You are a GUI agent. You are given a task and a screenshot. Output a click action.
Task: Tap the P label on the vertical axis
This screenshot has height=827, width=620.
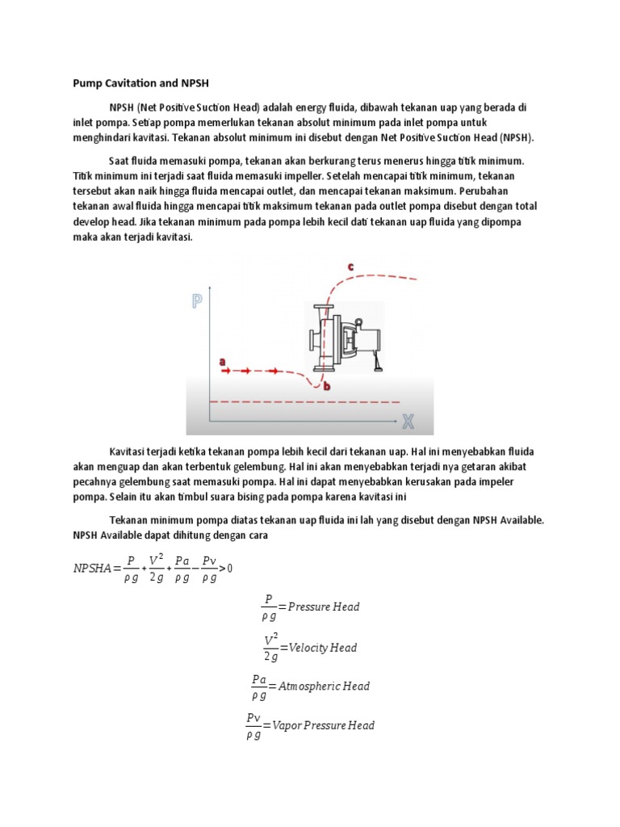tap(197, 301)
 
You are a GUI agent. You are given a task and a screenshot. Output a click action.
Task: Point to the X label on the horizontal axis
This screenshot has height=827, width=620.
tap(408, 421)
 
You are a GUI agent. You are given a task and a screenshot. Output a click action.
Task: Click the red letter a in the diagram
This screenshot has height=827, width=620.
tap(222, 362)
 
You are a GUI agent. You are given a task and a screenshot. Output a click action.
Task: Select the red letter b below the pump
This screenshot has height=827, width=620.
tap(327, 387)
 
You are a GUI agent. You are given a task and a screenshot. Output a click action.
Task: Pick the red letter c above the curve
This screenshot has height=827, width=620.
tap(350, 266)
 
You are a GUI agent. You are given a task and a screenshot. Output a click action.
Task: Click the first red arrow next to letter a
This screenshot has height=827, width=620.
tap(227, 371)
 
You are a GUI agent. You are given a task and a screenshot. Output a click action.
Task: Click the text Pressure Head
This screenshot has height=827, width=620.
tap(324, 607)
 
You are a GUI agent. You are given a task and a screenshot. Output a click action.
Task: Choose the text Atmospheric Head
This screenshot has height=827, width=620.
tap(324, 686)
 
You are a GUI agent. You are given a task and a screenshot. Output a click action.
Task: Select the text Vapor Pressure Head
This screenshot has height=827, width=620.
tap(323, 725)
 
